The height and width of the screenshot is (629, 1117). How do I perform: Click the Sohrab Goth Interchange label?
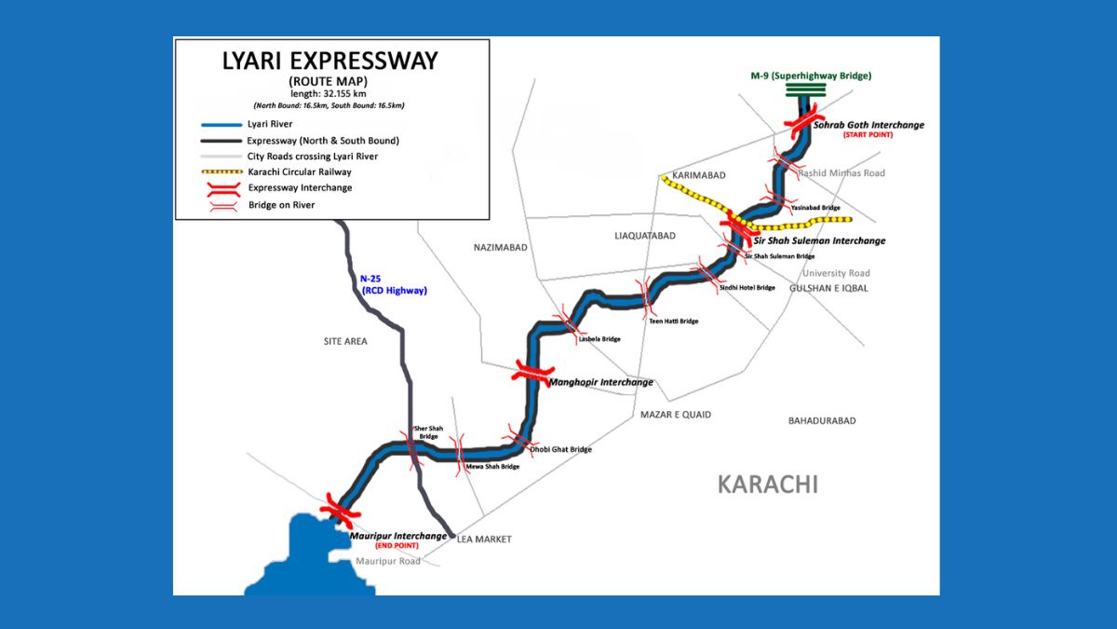click(868, 125)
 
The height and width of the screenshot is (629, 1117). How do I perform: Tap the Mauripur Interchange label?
click(397, 536)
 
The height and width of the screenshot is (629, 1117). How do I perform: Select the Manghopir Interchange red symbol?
click(533, 374)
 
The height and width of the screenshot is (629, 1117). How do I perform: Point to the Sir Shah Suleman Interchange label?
click(819, 240)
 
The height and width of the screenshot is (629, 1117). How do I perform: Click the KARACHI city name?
click(767, 485)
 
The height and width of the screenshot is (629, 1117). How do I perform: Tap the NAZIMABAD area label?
click(501, 247)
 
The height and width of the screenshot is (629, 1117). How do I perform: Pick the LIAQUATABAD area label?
click(645, 236)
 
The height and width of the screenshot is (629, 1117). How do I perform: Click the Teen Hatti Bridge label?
click(673, 321)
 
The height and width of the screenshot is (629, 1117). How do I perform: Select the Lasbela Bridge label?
click(599, 339)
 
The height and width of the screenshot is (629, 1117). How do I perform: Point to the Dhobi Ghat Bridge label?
click(560, 449)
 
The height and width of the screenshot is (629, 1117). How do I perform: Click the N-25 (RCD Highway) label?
click(393, 284)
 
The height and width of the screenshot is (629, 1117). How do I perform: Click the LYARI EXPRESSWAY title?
click(330, 62)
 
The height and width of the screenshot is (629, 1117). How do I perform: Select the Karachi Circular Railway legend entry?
click(299, 172)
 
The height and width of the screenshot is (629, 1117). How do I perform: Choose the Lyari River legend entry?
click(269, 124)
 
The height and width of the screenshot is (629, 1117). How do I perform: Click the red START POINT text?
click(868, 135)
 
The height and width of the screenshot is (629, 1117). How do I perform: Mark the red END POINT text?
click(398, 545)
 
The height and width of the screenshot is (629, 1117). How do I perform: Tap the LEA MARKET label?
click(484, 540)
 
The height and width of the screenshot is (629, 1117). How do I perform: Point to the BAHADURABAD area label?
click(821, 421)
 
